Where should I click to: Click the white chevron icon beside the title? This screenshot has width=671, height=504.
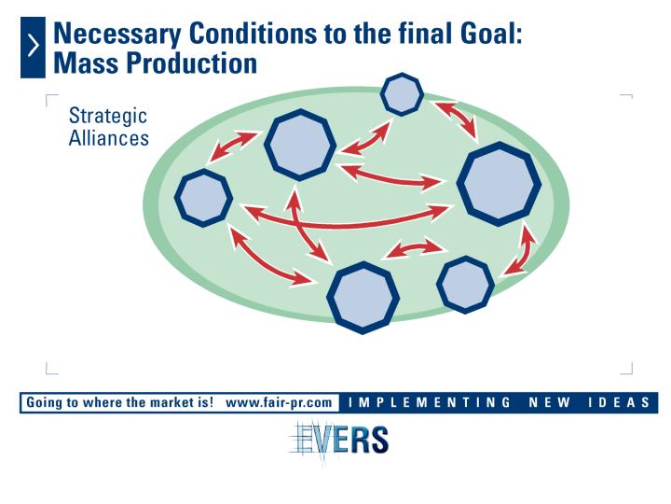point(34,46)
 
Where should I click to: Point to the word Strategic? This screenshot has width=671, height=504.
point(108,116)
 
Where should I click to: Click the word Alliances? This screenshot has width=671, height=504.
point(109,138)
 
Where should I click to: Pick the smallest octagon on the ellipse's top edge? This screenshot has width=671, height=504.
point(402,94)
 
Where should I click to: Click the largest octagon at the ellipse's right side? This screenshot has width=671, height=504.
point(499,184)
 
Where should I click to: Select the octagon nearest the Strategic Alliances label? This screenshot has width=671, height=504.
point(204,198)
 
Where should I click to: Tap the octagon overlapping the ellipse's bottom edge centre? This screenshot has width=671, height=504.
point(363,298)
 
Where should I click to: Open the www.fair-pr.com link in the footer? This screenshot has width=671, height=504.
point(279,403)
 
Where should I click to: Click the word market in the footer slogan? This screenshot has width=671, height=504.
point(171,402)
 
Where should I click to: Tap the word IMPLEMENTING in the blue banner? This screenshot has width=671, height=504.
point(430,402)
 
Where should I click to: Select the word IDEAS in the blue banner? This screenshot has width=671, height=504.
point(619,402)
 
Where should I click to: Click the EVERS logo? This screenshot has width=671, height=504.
point(339,440)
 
